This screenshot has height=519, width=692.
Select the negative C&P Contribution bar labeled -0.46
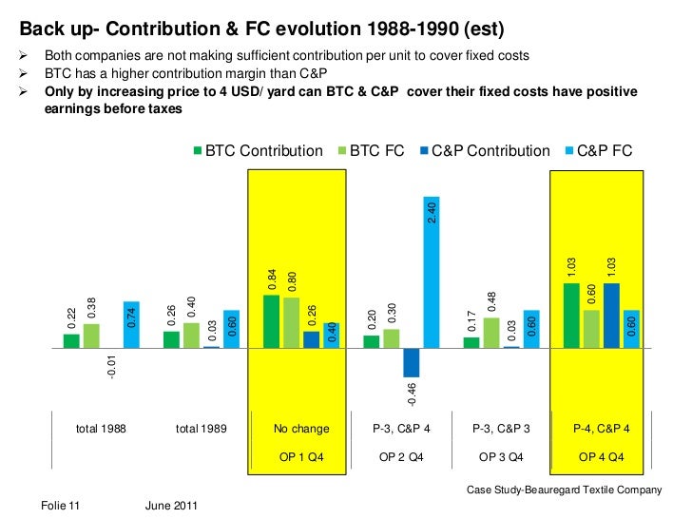411,362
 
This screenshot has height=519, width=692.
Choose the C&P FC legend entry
599,151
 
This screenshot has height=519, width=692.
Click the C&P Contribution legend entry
490,151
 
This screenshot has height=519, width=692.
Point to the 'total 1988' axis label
101,429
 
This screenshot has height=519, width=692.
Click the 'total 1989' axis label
201,429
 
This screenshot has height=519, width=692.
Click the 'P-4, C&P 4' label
601,429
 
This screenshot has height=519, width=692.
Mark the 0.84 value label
273,280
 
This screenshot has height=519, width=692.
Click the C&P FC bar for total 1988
131,324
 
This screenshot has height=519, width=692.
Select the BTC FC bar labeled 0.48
491,333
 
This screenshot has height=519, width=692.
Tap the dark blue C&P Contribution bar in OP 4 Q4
611,315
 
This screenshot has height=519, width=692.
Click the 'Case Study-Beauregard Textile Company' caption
564,490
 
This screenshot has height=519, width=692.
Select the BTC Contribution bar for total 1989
171,339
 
